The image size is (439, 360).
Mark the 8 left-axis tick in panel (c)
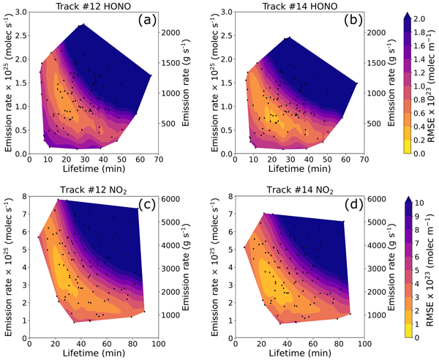(x=23, y=196)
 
